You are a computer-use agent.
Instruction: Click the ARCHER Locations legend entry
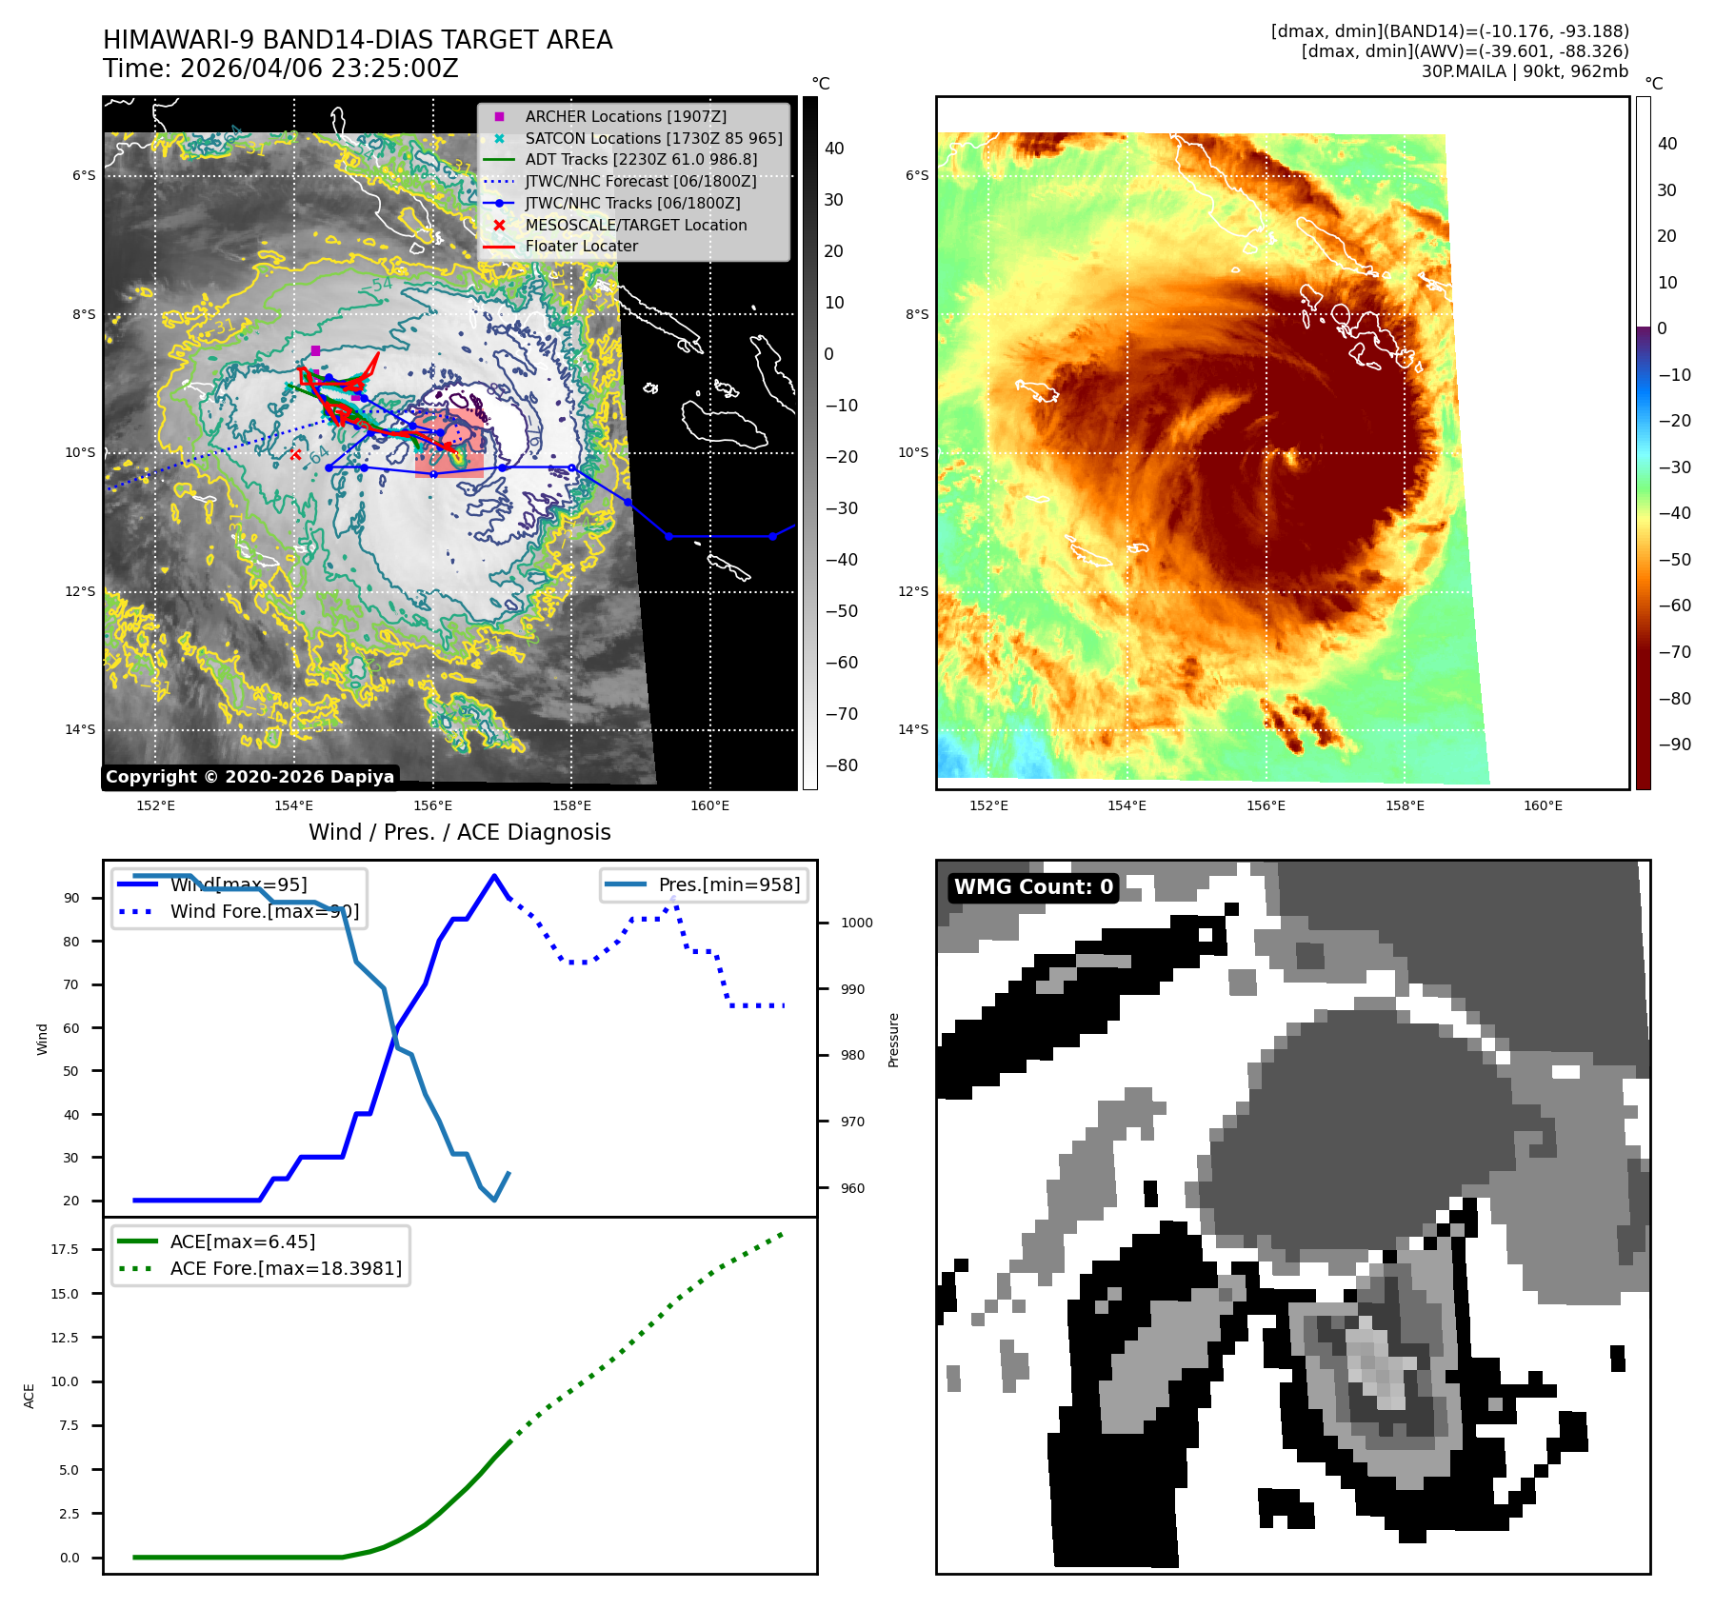625,117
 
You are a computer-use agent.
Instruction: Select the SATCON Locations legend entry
653,139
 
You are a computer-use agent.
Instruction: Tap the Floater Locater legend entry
581,247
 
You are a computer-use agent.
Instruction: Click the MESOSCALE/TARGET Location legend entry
635,226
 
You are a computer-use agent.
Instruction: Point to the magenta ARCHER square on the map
315,351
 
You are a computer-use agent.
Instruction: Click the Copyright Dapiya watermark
249,777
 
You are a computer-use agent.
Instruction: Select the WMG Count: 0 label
1033,887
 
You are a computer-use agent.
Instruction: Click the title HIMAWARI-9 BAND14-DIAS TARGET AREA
357,40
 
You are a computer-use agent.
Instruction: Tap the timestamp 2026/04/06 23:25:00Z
319,70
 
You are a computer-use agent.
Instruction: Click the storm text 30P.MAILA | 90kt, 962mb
1525,71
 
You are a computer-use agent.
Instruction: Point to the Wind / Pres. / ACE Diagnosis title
459,832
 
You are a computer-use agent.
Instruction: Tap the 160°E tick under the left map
709,806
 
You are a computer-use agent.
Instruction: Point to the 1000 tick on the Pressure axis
856,923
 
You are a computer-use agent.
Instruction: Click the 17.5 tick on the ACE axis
65,1249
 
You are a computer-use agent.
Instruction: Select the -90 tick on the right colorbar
1674,745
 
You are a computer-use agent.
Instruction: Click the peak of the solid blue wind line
493,876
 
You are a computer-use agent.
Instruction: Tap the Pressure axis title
893,1040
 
